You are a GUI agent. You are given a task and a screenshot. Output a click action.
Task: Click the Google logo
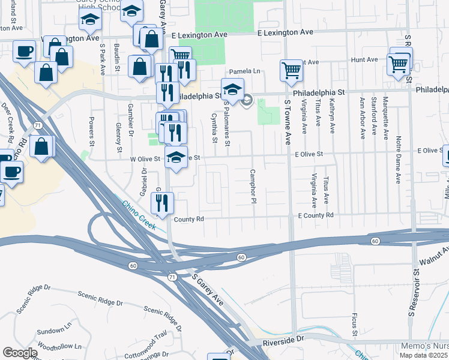coord(20,353)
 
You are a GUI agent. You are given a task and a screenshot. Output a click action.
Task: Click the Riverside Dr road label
coord(284,340)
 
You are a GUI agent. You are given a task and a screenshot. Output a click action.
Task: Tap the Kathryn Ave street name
coord(331,113)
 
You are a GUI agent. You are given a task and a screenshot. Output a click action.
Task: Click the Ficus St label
coord(355,323)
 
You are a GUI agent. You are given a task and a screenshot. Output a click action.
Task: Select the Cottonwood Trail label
coord(144,337)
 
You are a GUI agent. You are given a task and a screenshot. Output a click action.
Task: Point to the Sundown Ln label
coord(53,331)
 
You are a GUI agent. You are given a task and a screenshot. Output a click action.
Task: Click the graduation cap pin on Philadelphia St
coord(232,89)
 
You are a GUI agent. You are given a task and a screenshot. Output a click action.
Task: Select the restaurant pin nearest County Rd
coord(163,203)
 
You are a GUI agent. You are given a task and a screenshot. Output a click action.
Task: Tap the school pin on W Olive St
coord(176,157)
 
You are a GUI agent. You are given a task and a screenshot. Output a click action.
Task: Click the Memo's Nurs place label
coord(423,347)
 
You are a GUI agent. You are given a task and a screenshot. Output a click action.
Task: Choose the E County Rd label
coord(314,215)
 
